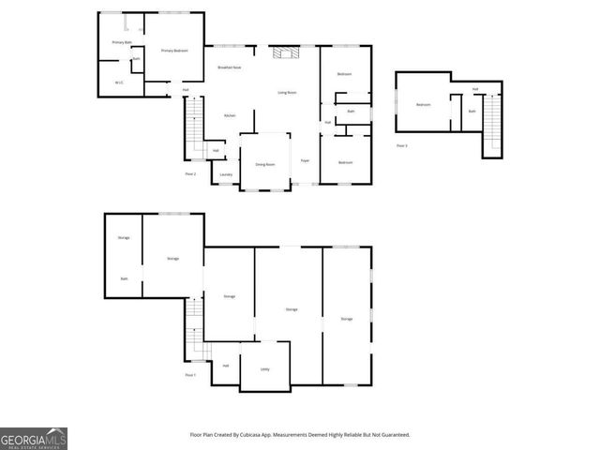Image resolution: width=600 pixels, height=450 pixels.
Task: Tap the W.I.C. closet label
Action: tap(119, 82)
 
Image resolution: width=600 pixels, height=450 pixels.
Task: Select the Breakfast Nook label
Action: tap(230, 67)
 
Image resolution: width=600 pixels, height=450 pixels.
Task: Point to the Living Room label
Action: tap(287, 92)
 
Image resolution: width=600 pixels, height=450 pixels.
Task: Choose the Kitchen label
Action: tap(229, 115)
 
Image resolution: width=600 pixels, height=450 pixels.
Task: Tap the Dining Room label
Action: tap(265, 164)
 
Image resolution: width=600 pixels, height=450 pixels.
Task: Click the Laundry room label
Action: tap(226, 174)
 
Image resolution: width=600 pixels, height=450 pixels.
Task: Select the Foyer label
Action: tap(305, 161)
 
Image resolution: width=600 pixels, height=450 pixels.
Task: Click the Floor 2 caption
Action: tap(189, 174)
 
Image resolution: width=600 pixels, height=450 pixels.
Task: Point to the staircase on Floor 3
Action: tap(493, 123)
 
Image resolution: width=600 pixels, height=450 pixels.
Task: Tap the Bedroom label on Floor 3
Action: tap(423, 104)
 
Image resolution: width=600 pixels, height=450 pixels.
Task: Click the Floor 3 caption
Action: tap(401, 146)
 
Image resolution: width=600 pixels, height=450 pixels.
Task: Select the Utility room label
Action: tap(264, 369)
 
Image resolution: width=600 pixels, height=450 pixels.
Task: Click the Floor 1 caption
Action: tap(189, 375)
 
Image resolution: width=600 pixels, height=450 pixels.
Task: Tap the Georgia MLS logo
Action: tap(34, 438)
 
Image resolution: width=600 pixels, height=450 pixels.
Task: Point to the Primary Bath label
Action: tap(120, 42)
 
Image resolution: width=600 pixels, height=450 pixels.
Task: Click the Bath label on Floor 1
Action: tap(124, 278)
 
